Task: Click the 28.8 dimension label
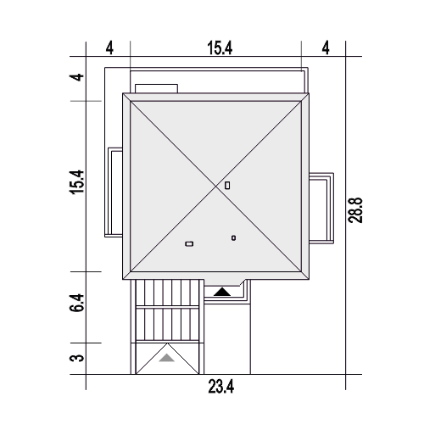click(x=355, y=210)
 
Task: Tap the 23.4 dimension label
click(x=221, y=387)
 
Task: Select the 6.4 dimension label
click(x=77, y=303)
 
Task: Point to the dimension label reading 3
click(x=77, y=358)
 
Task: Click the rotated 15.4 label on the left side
click(x=77, y=181)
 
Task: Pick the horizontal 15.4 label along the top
click(x=220, y=48)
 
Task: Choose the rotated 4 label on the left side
click(x=77, y=77)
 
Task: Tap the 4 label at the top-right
click(x=326, y=48)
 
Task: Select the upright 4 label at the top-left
click(x=109, y=48)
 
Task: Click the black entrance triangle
click(x=222, y=293)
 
